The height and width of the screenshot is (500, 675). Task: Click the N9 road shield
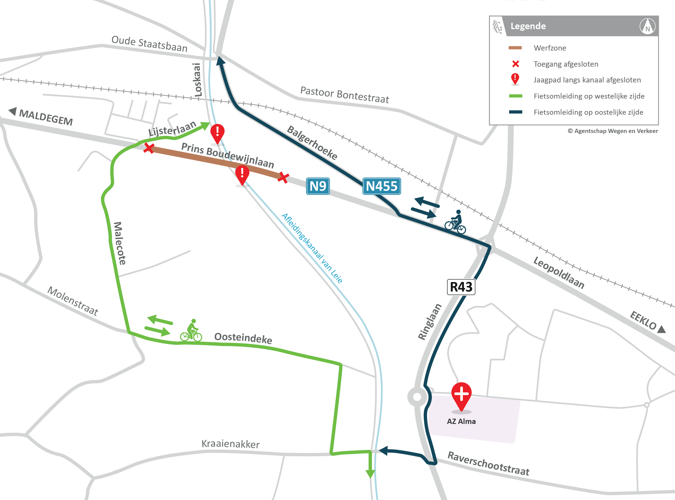coord(318,186)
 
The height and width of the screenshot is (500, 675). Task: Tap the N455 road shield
coord(382,186)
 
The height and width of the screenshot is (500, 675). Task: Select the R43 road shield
coord(461,287)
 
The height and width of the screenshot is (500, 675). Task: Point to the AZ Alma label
coord(461,421)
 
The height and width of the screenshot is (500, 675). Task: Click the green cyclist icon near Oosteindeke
coord(191,331)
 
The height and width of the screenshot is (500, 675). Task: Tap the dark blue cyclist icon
coord(455,222)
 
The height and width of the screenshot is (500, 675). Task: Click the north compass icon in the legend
coord(648,26)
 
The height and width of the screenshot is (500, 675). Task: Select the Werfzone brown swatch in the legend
coord(515,48)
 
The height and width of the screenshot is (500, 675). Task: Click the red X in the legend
coord(515,64)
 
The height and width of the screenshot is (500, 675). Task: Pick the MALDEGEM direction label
coord(46,117)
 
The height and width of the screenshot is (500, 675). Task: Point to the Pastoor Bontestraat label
coord(345,95)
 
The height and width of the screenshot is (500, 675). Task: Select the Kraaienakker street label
coord(230,444)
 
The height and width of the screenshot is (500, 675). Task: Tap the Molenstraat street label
coord(73,301)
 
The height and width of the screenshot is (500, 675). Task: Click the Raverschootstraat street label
coord(488,463)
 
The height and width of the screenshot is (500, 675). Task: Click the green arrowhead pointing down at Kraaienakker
coord(370,474)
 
